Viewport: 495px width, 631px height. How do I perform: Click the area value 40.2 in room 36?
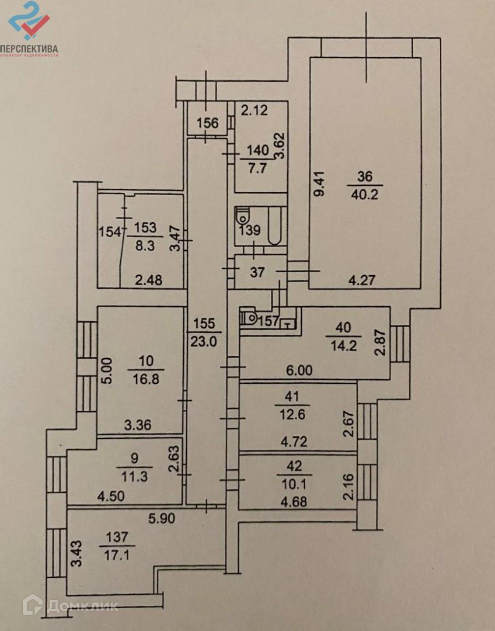364,195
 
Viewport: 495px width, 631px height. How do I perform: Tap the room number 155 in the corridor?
204,324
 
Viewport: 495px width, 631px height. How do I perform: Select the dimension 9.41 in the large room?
319,184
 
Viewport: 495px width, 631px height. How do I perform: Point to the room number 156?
208,123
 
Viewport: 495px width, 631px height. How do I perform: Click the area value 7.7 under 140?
257,168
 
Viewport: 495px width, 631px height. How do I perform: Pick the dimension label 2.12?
254,110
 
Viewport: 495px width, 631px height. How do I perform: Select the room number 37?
257,272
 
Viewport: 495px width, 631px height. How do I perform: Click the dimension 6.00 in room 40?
299,370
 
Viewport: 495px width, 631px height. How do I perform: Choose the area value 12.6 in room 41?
291,414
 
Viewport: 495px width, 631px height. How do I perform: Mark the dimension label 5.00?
107,370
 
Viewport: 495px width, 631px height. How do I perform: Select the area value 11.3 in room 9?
134,477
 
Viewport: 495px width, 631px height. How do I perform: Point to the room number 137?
117,537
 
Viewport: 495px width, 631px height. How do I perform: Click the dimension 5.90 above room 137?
162,518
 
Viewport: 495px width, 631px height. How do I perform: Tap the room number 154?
110,232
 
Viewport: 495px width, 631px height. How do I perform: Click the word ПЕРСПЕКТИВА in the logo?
29,48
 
